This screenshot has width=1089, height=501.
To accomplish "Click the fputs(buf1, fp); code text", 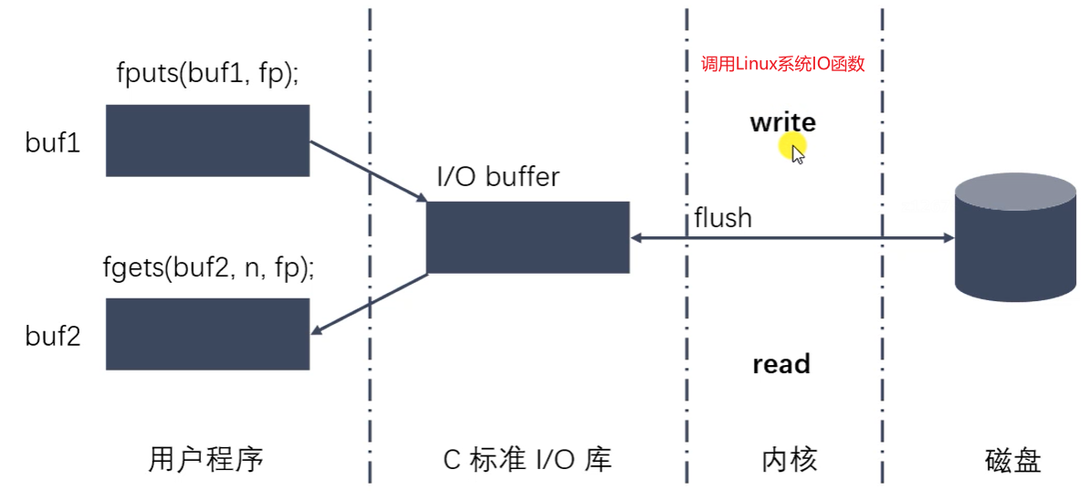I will tap(208, 75).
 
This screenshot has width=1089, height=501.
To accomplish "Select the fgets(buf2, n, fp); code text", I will tap(209, 269).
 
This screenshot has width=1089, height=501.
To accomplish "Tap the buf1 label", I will tap(54, 142).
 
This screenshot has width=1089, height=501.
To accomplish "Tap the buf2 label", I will tap(54, 337).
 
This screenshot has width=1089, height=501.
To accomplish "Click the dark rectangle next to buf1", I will tap(207, 141).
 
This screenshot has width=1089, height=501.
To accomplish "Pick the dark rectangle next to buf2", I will tap(207, 334).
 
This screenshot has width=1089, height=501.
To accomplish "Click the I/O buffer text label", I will tap(497, 176).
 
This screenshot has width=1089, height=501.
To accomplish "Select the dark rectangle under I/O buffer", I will tap(528, 237).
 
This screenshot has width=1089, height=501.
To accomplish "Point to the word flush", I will tap(723, 218).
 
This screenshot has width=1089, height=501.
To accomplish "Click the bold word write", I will tap(782, 122).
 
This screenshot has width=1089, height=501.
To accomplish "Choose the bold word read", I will tap(781, 364).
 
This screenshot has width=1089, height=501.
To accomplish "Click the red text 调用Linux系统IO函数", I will tap(782, 64).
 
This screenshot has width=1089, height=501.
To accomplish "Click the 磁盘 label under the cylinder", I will tap(1013, 460).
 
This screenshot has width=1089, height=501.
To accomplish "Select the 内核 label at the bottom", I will tap(789, 460).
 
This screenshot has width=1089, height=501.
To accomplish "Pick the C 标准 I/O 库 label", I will tap(527, 460).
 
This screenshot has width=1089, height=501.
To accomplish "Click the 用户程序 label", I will tap(205, 459).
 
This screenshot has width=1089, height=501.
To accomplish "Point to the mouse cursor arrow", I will tap(797, 153).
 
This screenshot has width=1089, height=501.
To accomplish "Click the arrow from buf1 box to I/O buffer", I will tap(369, 172).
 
